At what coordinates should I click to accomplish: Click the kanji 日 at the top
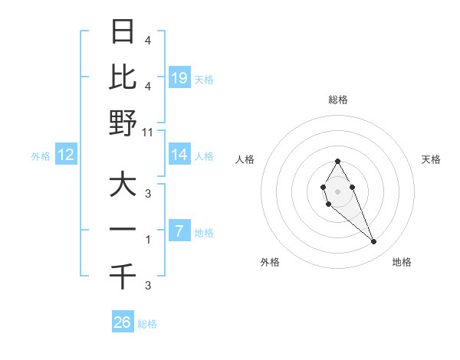tap(123, 31)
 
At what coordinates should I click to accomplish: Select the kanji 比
tap(123, 77)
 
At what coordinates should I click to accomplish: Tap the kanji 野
tap(123, 123)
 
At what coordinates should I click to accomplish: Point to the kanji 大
tap(123, 185)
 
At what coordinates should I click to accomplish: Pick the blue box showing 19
tap(179, 77)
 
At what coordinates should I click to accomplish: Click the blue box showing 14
tap(179, 155)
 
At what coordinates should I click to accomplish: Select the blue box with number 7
tap(179, 231)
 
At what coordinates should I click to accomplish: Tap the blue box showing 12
tap(66, 155)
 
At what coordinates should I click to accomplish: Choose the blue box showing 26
tap(123, 322)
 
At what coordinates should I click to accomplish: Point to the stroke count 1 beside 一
tap(148, 240)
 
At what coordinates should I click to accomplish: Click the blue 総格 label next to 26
tap(148, 324)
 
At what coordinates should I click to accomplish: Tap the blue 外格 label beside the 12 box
tap(41, 155)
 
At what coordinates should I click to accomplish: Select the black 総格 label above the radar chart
tap(337, 100)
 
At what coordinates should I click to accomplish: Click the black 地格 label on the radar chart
tap(402, 262)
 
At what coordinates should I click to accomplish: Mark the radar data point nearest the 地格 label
tap(374, 242)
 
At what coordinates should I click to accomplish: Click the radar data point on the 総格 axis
tap(337, 161)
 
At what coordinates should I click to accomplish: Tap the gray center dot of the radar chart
tap(337, 191)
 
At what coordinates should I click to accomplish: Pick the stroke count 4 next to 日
tap(148, 40)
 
